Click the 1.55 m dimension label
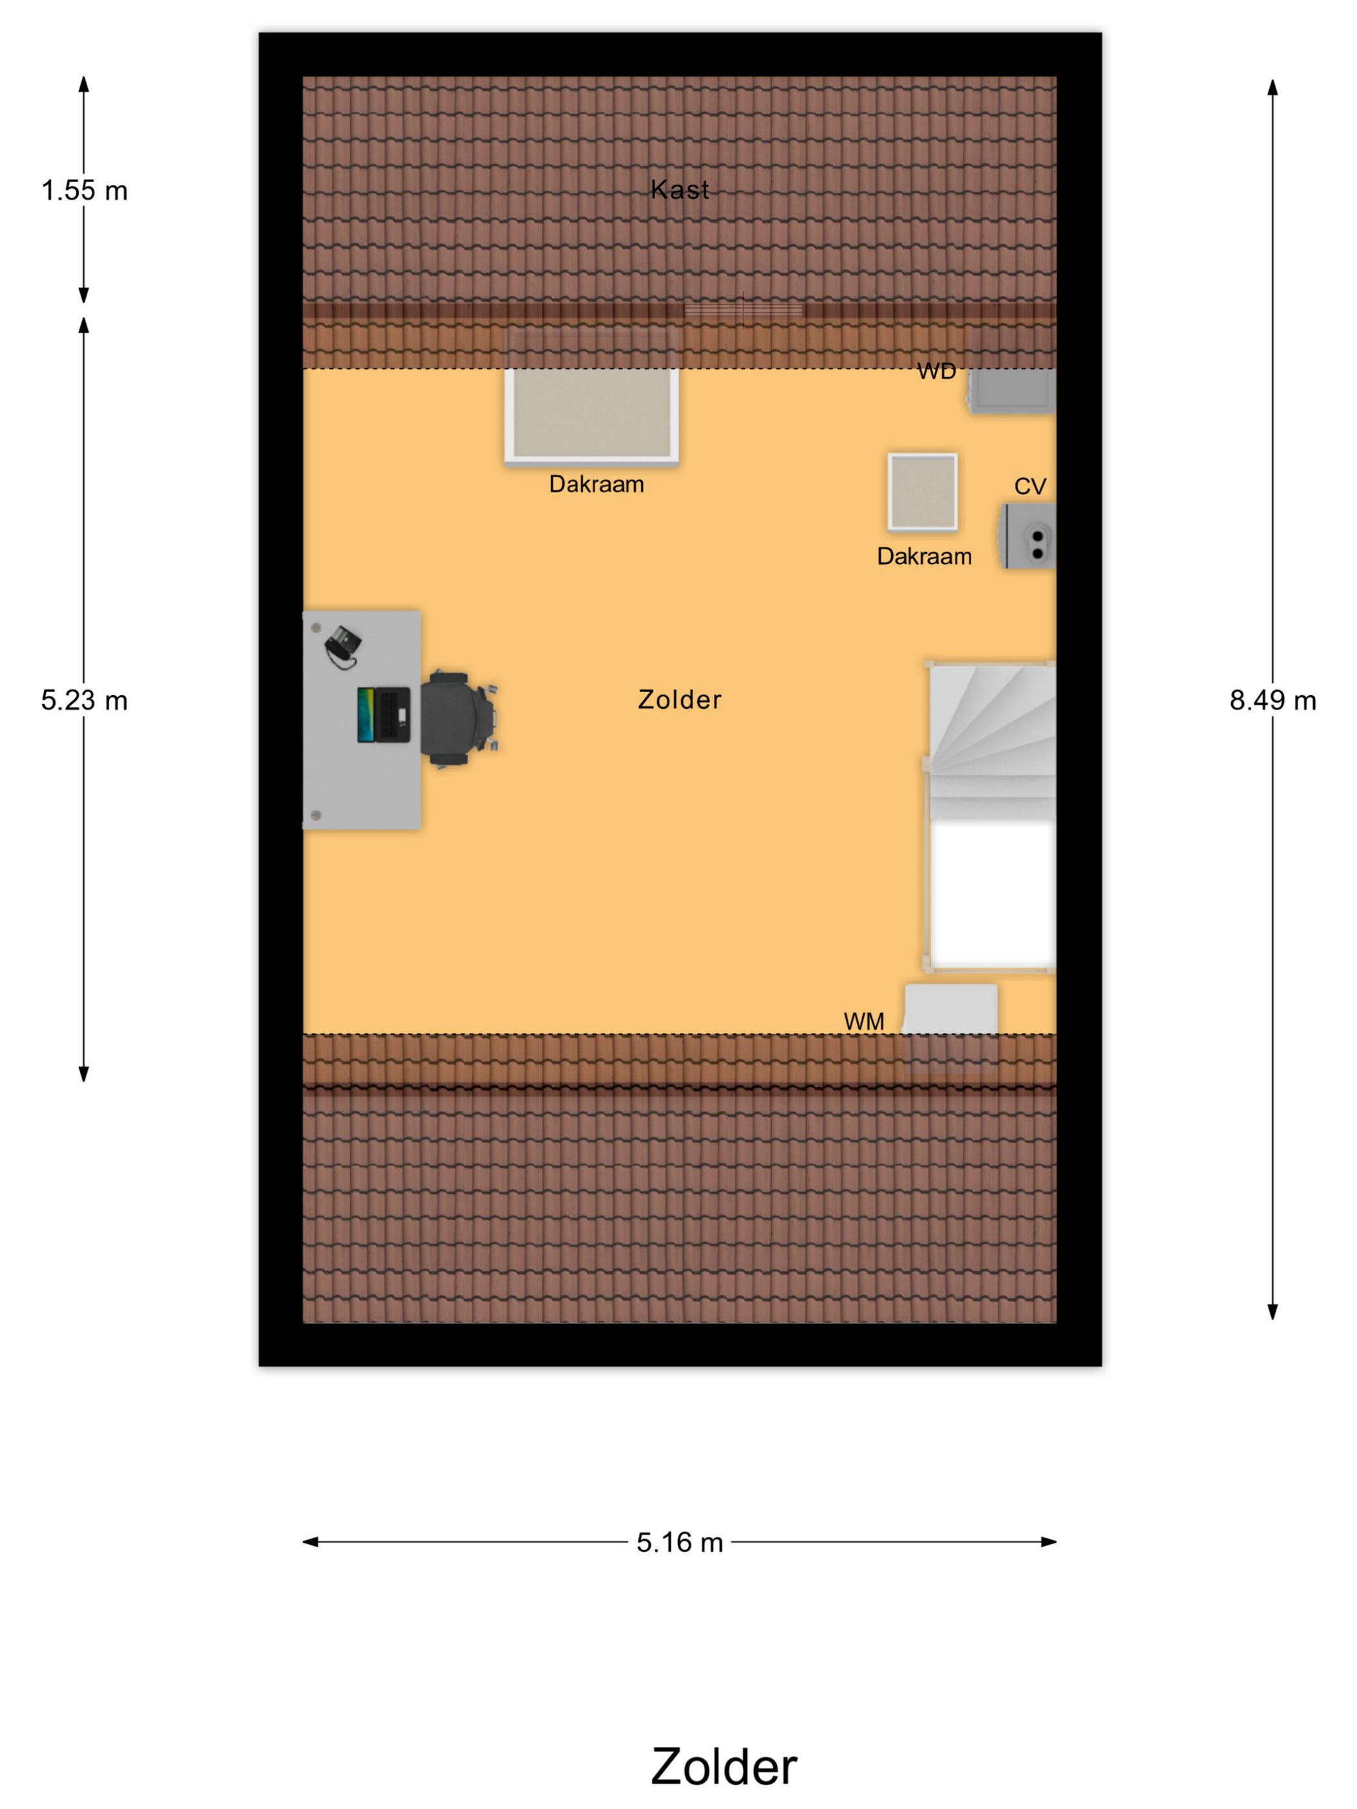(84, 191)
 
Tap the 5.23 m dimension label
(84, 700)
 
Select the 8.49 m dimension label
(1273, 700)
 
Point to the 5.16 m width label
(680, 1542)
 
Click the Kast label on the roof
(680, 190)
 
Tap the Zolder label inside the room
(680, 699)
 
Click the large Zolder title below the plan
(724, 1766)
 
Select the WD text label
(936, 371)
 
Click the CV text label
(1030, 486)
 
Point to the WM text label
(864, 1021)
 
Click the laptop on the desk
(384, 715)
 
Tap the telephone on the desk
(342, 646)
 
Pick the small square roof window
(923, 492)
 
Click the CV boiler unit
(1027, 536)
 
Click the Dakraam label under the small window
(924, 557)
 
